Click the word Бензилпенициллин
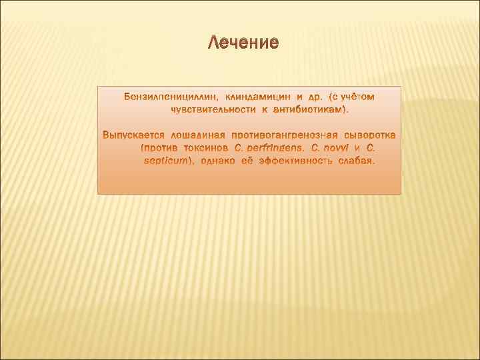click(165, 98)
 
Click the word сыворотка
click(369, 137)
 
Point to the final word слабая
click(358, 161)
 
